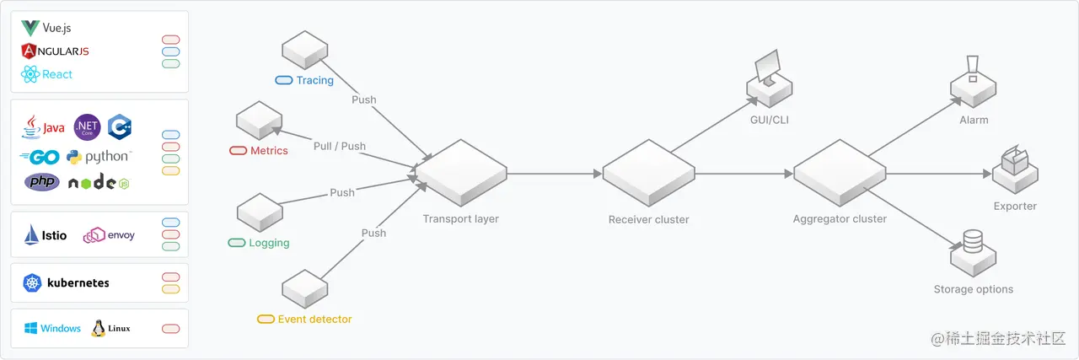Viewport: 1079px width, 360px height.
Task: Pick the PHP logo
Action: click(x=41, y=181)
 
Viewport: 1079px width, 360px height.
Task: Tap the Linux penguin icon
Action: click(x=98, y=328)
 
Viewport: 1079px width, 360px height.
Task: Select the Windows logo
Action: click(x=30, y=328)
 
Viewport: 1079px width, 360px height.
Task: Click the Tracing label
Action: click(x=314, y=81)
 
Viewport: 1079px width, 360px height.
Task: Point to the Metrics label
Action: click(x=269, y=151)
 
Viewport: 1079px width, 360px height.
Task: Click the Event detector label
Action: click(x=314, y=320)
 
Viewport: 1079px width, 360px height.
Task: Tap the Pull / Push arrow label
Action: click(x=340, y=146)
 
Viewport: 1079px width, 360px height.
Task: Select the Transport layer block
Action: click(x=460, y=173)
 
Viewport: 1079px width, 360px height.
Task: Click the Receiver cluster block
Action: click(x=648, y=173)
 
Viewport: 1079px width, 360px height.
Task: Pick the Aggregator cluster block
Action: click(x=840, y=173)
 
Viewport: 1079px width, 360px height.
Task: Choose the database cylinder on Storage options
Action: click(x=973, y=242)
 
